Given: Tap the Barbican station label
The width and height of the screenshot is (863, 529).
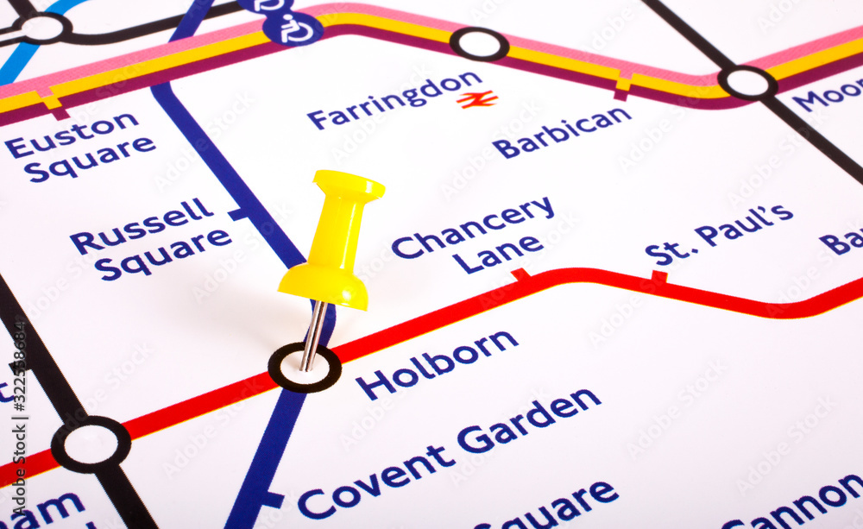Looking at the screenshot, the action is tap(562, 132).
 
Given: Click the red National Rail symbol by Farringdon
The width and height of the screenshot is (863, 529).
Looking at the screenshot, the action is tap(477, 99).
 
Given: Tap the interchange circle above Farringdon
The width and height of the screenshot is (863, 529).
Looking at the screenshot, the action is tap(479, 44).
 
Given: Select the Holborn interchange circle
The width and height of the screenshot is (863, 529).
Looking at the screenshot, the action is tap(304, 368).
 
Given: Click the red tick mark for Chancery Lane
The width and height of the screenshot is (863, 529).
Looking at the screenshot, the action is tap(520, 275).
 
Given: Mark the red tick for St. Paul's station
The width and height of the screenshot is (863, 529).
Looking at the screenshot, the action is tap(659, 277).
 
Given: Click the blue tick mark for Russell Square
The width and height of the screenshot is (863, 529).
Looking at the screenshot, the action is tap(236, 214).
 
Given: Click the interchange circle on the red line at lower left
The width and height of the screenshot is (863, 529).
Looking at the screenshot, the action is tap(91, 444).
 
